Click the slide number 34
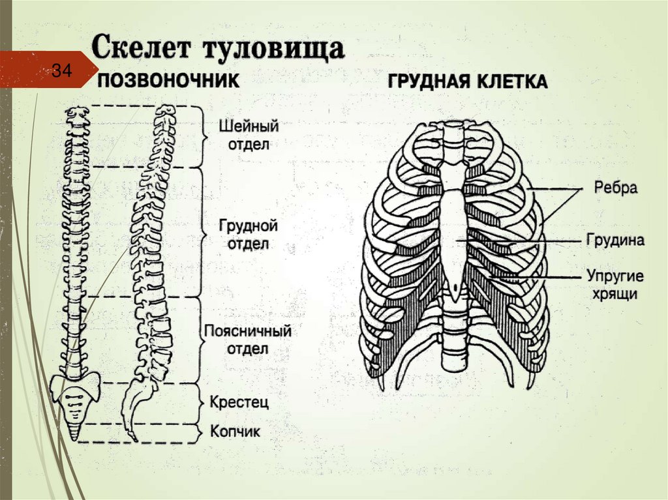(61, 71)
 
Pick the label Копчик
(235, 432)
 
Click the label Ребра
(615, 188)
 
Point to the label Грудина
(615, 241)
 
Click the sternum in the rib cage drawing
(454, 235)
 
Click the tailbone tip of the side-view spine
(132, 435)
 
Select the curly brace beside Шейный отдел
(203, 135)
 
